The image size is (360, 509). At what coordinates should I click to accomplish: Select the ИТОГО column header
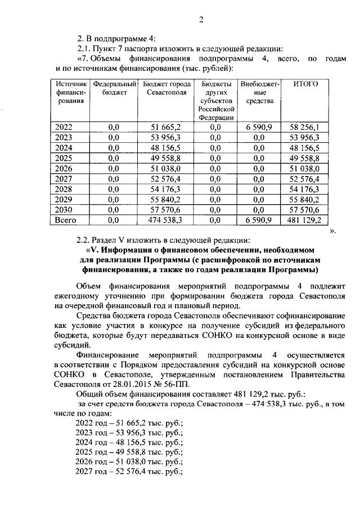[305, 84]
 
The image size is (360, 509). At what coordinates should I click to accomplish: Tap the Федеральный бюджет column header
[114, 88]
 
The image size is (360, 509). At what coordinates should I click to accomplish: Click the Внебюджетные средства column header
[259, 92]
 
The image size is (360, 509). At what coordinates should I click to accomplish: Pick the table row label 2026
[64, 168]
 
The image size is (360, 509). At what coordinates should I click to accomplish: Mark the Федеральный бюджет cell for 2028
[114, 189]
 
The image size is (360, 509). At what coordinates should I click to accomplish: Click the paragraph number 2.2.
[85, 240]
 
